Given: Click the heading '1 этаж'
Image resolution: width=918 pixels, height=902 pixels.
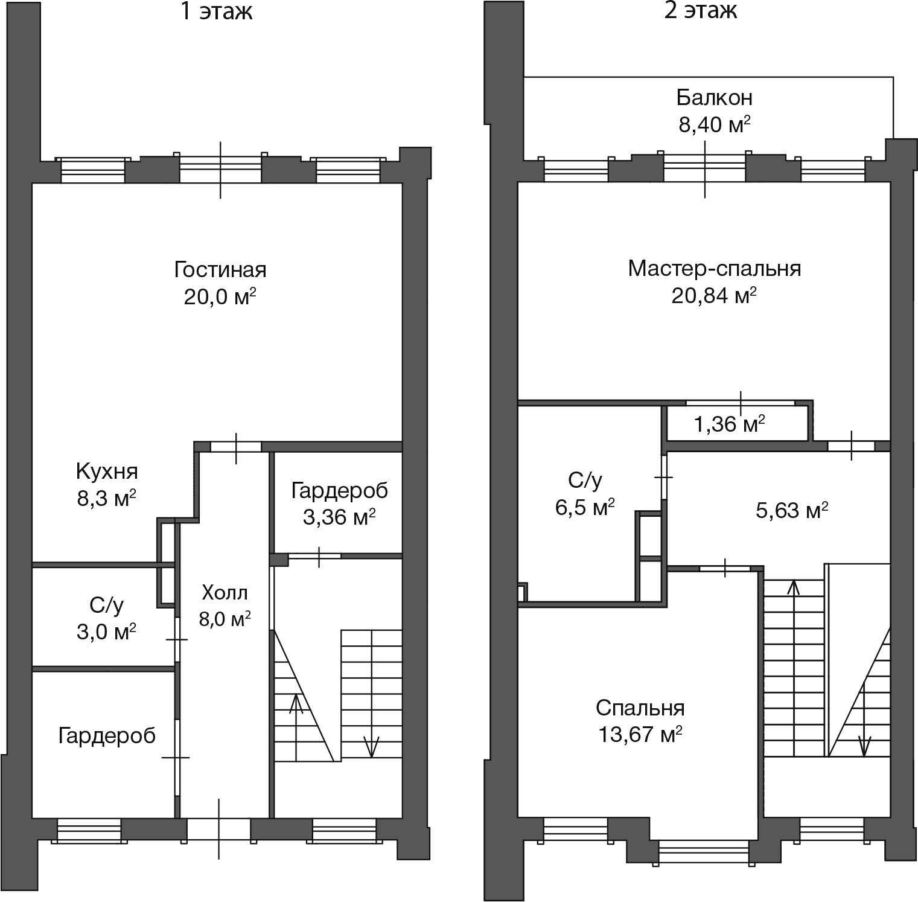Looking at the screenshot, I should click(x=217, y=11).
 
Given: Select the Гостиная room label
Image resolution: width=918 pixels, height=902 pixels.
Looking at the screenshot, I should click(x=220, y=269).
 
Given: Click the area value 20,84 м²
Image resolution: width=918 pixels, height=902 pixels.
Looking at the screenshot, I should click(x=714, y=296).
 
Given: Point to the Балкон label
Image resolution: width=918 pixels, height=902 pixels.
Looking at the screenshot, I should click(x=713, y=97).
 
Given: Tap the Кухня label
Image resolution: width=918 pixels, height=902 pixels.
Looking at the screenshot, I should click(x=107, y=471).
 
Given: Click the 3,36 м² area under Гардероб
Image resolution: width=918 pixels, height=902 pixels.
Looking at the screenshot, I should click(x=339, y=517).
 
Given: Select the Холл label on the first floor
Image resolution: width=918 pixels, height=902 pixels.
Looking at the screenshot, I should click(x=225, y=593).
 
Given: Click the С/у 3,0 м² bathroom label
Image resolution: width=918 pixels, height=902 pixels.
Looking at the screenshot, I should click(x=106, y=618).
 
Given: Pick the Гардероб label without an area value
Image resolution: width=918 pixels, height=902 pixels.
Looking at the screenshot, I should click(x=107, y=735).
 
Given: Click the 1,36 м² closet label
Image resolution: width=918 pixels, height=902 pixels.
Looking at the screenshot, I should click(x=729, y=424).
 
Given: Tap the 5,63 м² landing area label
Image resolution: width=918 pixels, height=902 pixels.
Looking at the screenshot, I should click(x=791, y=511).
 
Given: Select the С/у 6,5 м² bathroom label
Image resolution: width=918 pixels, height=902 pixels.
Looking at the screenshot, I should click(x=585, y=494).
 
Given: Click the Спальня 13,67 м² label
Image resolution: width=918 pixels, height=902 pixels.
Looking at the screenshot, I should click(x=640, y=721).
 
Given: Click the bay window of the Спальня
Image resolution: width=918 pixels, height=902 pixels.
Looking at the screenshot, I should click(x=704, y=852).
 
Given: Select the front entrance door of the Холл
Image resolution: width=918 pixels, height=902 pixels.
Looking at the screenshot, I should click(x=218, y=828).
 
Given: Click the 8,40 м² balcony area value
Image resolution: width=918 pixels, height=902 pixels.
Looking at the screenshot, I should click(x=714, y=125).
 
